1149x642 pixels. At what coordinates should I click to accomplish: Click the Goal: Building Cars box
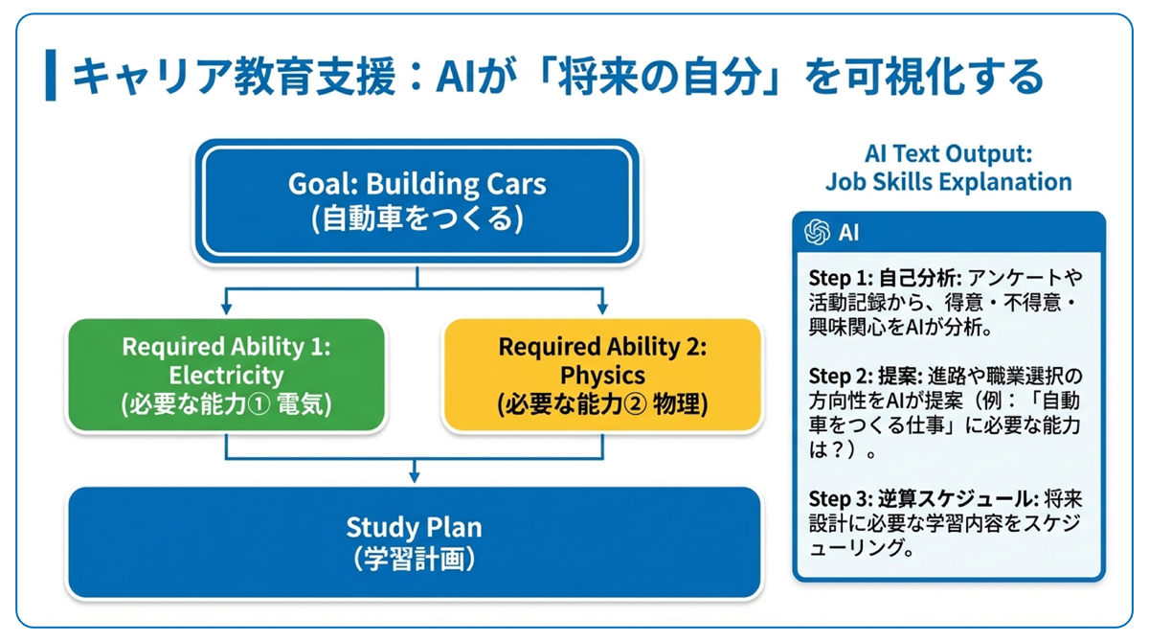[x=417, y=201]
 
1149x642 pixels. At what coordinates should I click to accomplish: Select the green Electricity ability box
[x=226, y=375]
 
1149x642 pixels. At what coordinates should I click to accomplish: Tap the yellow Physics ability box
[x=602, y=375]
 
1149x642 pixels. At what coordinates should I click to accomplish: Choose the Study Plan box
[x=415, y=542]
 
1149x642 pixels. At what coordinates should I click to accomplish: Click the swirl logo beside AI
[x=817, y=232]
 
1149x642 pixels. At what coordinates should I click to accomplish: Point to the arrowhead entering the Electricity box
[x=226, y=309]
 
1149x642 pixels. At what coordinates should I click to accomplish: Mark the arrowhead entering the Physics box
[x=602, y=309]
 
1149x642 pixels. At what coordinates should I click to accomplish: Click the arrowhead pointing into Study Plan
[x=415, y=477]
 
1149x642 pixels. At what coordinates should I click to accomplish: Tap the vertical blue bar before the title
[x=50, y=75]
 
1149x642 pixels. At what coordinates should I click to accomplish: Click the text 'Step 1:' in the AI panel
[x=841, y=279]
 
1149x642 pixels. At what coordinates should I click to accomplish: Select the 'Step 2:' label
[x=841, y=377]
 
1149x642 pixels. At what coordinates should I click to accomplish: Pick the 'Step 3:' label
[x=841, y=499]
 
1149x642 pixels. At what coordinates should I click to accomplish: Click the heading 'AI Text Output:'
[x=949, y=153]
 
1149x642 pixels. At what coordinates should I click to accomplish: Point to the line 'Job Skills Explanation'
[x=949, y=182]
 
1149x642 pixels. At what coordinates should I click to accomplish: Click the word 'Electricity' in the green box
[x=226, y=376]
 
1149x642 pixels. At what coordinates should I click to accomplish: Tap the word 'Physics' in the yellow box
[x=602, y=376]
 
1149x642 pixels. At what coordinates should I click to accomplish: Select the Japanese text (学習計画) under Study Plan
[x=415, y=559]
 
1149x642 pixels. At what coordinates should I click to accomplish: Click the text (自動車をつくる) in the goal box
[x=417, y=218]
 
